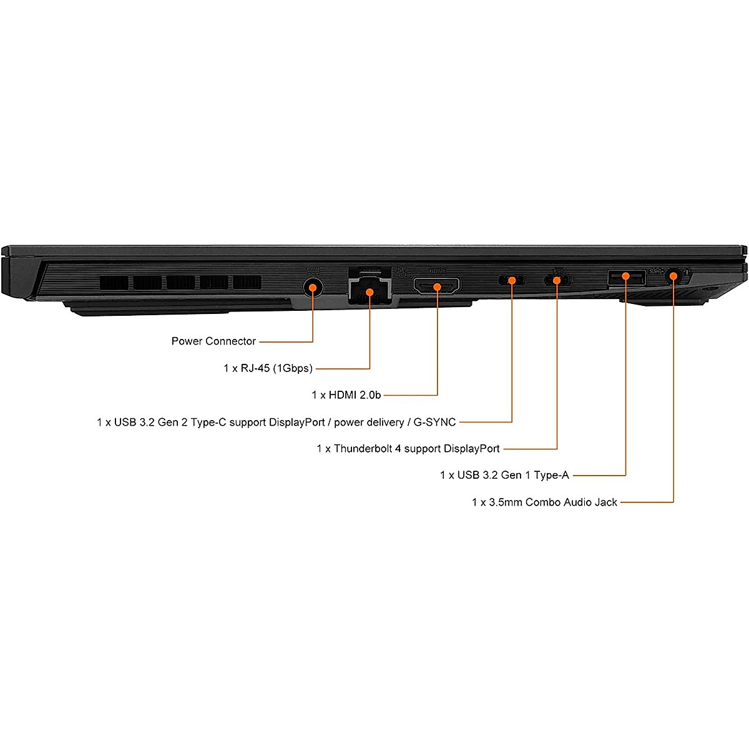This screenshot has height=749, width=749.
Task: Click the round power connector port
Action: click(313, 287)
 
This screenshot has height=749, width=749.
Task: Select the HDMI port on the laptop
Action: click(437, 286)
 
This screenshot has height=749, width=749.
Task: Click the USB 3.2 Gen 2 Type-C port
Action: click(512, 280)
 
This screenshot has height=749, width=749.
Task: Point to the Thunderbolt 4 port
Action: click(557, 280)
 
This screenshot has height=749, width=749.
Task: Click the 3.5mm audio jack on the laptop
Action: click(673, 276)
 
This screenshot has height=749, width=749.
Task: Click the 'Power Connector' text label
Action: click(213, 341)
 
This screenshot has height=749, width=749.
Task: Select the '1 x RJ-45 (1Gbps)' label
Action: click(268, 368)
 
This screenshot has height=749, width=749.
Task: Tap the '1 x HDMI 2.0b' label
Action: click(346, 395)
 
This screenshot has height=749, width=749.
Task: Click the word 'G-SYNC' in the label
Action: click(434, 423)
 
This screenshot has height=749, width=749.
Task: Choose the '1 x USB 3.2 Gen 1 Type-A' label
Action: click(504, 476)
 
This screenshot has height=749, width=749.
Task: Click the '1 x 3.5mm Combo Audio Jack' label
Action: click(544, 502)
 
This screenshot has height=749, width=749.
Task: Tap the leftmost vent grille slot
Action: click(114, 283)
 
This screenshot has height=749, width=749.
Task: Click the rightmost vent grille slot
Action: click(247, 283)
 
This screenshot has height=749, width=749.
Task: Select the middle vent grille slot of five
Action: click(180, 283)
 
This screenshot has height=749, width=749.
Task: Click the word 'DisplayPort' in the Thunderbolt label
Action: click(471, 449)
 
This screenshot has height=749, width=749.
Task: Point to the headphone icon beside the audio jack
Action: click(687, 272)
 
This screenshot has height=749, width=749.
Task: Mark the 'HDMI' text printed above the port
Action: click(437, 271)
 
